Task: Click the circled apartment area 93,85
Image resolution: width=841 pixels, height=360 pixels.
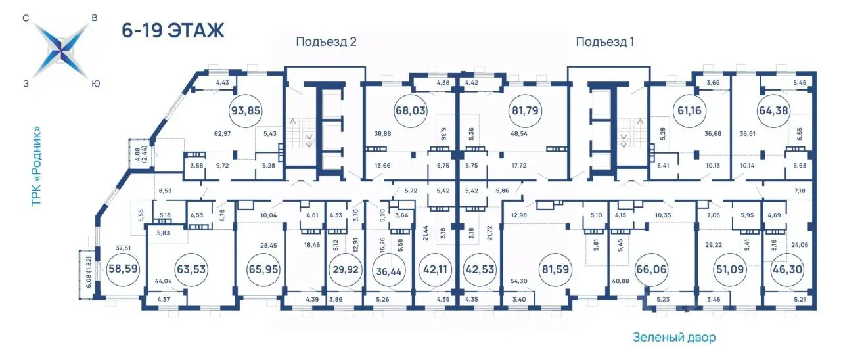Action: coord(246,111)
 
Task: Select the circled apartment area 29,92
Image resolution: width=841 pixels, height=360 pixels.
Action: coord(346,269)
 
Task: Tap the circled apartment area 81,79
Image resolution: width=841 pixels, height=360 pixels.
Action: coord(525,111)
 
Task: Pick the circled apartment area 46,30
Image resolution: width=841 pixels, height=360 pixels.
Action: coord(787,269)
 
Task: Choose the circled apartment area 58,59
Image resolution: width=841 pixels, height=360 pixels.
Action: coord(123,269)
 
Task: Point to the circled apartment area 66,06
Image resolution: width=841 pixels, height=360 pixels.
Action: coord(651,269)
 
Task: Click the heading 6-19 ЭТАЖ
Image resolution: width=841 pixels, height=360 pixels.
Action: coord(173,30)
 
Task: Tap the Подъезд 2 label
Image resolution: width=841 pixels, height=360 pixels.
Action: coord(326,41)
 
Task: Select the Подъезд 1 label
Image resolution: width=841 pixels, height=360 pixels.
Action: coord(605,41)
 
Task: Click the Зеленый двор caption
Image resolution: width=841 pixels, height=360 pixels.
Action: coord(674,337)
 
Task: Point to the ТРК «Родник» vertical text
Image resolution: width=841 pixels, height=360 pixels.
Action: coord(36,166)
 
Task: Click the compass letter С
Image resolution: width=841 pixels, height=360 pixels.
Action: coord(26,18)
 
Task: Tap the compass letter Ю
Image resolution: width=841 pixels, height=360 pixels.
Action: coord(96,84)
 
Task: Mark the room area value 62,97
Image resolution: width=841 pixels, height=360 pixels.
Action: coord(222,133)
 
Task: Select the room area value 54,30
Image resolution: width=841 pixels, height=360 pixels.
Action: coord(519,281)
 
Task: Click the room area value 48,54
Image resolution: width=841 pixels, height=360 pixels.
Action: coord(519,133)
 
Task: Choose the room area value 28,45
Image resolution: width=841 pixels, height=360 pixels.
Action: coord(269,246)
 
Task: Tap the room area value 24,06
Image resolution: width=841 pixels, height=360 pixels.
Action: coord(800,245)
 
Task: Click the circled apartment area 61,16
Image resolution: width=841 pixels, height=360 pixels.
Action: coord(689,111)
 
